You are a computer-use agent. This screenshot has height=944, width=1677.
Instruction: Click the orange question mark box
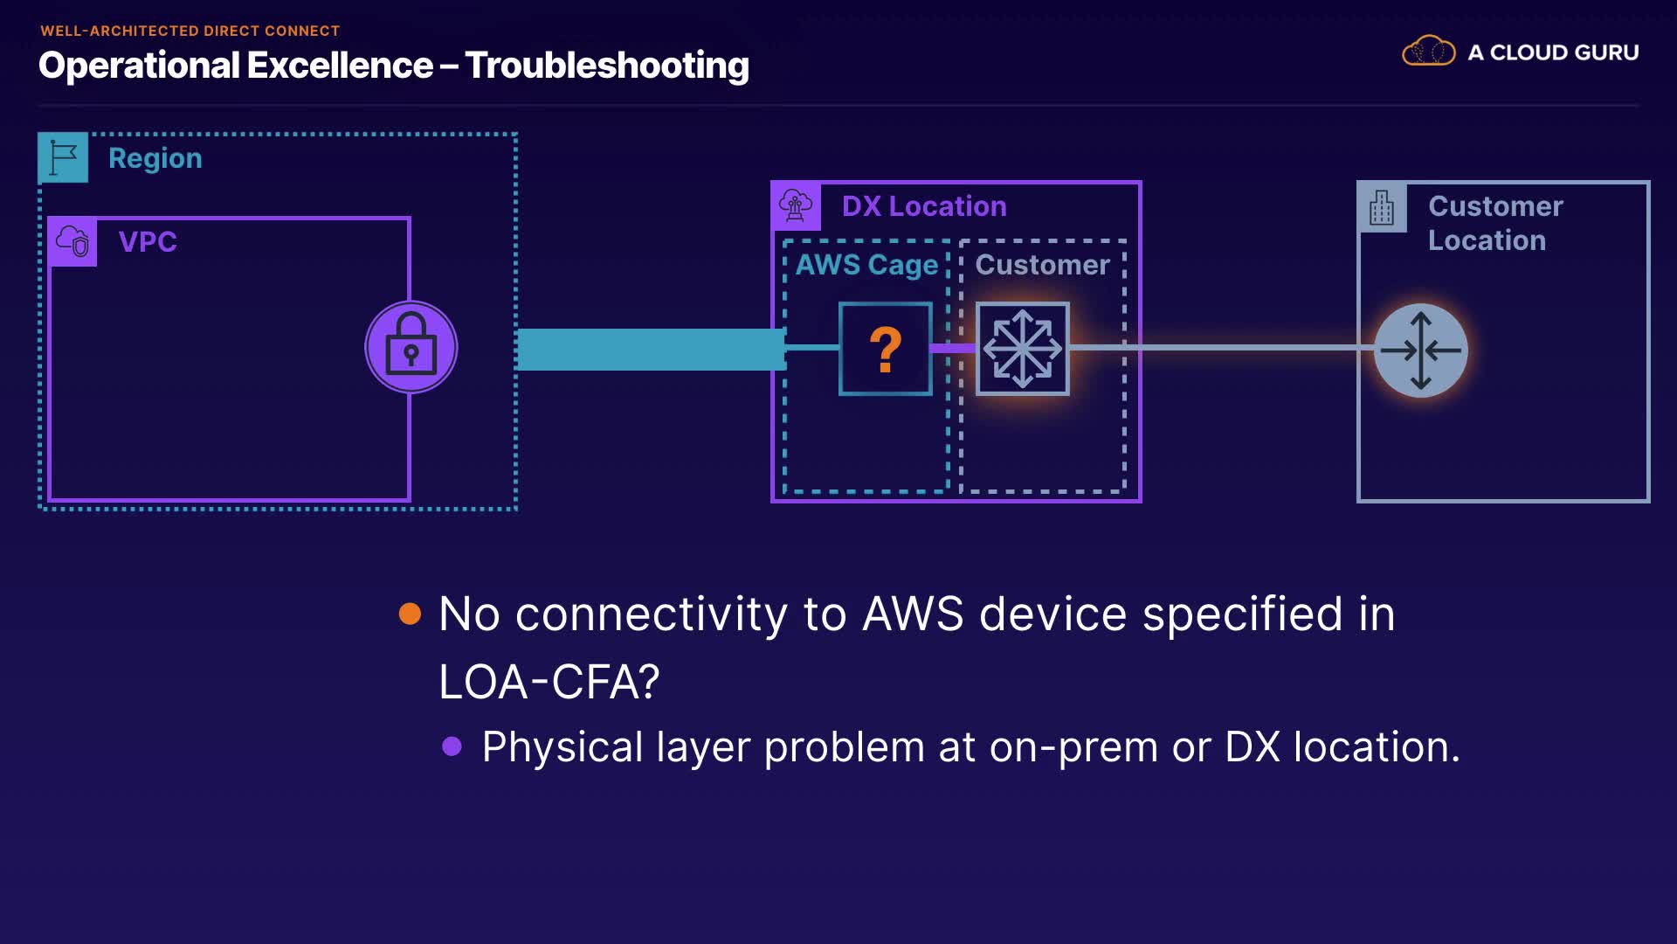tap(885, 349)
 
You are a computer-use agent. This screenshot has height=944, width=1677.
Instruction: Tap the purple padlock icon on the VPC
tap(411, 347)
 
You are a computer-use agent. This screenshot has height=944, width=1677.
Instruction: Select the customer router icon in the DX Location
tap(1022, 349)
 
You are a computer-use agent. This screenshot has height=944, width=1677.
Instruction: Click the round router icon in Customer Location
tap(1420, 351)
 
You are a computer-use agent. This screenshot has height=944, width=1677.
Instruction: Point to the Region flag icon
tap(63, 158)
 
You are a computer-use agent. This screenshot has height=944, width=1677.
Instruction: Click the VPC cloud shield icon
tap(72, 241)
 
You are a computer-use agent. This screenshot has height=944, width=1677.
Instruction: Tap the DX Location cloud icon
tap(796, 206)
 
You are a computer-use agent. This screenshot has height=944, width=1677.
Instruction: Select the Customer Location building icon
tap(1382, 208)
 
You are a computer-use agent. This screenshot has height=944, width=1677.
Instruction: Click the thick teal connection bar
tap(652, 349)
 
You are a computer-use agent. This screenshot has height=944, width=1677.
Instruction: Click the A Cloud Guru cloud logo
tap(1428, 52)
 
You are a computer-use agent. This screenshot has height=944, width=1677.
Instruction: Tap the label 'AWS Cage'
tap(866, 264)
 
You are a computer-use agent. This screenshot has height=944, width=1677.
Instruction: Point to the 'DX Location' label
tap(924, 206)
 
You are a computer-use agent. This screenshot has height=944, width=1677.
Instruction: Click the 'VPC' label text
tap(148, 241)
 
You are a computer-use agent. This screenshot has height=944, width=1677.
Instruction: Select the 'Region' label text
tap(155, 158)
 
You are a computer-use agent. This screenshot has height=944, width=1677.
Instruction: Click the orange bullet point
tap(410, 614)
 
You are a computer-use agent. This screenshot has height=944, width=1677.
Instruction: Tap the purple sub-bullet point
tap(452, 746)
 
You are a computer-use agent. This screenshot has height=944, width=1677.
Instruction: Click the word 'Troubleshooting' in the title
tap(607, 66)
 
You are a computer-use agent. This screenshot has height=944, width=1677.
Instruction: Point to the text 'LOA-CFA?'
tap(549, 682)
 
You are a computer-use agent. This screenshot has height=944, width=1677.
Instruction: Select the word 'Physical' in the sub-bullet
tap(562, 747)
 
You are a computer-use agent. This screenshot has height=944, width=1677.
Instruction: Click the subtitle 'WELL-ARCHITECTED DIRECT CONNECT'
tap(190, 31)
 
